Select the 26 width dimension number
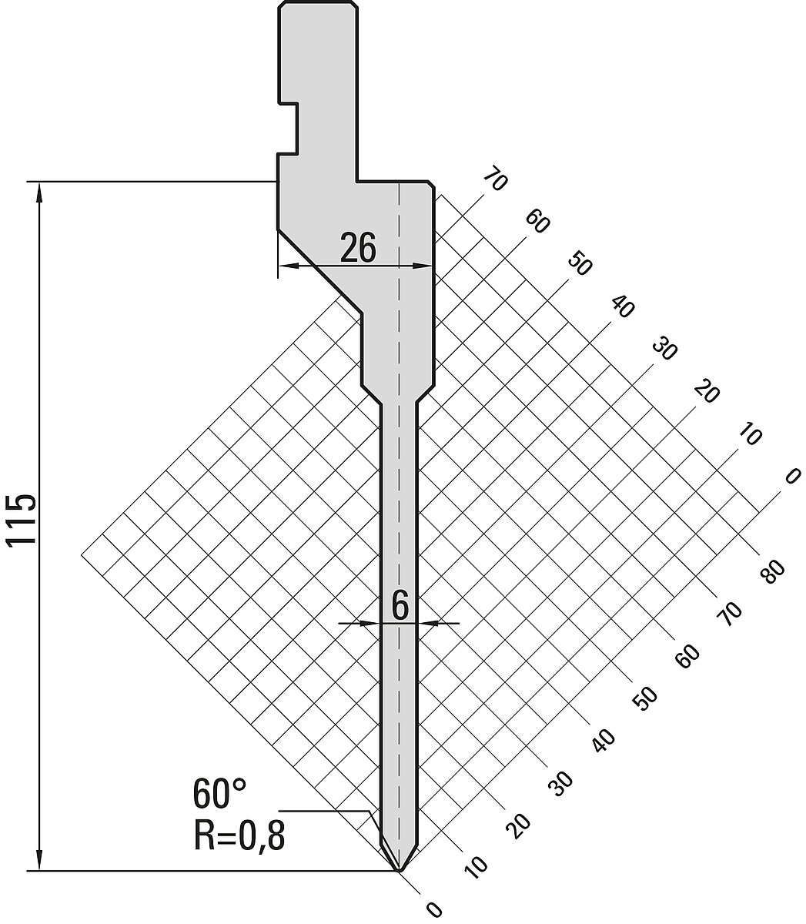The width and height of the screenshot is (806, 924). (x=358, y=247)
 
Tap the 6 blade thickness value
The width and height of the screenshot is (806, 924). (x=400, y=606)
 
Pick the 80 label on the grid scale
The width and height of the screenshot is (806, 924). (x=774, y=573)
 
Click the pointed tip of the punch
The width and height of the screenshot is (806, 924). (x=400, y=870)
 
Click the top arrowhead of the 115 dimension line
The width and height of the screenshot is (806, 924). (x=39, y=192)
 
